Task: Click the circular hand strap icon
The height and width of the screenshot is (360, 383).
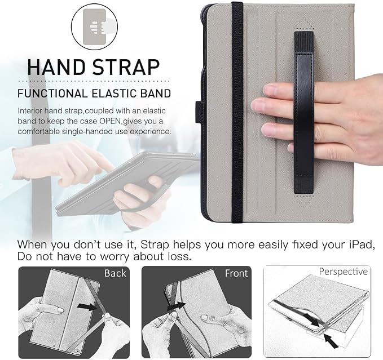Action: point(95,26)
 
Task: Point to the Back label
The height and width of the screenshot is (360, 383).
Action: point(115,273)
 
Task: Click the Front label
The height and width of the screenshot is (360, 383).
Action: point(236,273)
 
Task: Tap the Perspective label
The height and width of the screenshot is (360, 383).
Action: point(343,272)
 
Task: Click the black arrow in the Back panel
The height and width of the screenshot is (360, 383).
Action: point(87,306)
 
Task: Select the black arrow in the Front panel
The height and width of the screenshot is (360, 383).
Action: point(176,306)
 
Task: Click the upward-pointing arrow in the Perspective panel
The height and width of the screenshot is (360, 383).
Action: point(331,340)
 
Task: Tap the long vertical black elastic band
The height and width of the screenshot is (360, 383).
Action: point(237,112)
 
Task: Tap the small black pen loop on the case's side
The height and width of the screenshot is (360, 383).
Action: point(199,113)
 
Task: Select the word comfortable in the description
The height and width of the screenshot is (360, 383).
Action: point(38,131)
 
